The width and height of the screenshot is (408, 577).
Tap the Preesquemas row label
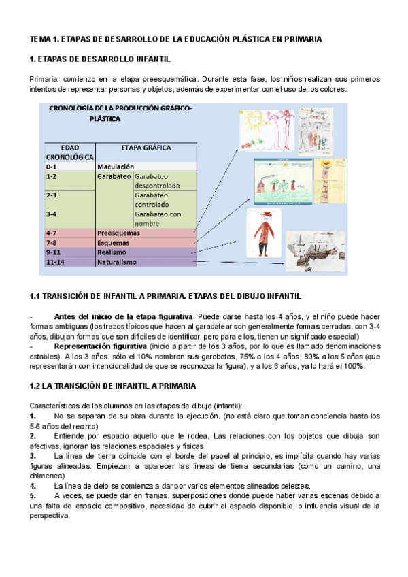point(118,233)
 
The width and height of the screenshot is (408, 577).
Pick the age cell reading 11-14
point(54,261)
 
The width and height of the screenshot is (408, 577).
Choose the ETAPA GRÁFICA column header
point(146,147)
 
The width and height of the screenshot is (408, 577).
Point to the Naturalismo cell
point(117,261)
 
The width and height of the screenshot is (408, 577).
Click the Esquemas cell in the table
point(114,242)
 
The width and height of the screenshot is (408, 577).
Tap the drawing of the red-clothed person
point(264,234)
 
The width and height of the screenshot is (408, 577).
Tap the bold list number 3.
point(33,456)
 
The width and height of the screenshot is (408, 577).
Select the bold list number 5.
point(33,497)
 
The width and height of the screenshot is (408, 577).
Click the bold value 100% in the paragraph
point(354,366)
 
